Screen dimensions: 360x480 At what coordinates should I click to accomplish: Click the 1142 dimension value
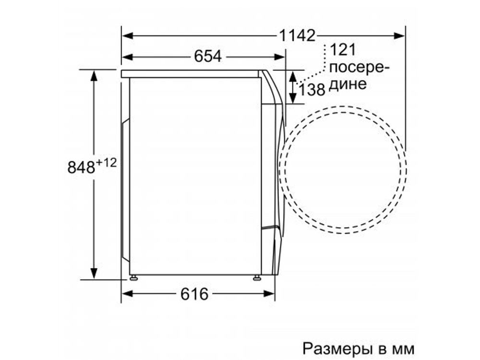pyautogui.click(x=297, y=35)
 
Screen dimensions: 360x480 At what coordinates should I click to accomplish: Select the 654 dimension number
pyautogui.click(x=208, y=57)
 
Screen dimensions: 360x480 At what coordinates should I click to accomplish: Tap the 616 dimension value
pyautogui.click(x=194, y=294)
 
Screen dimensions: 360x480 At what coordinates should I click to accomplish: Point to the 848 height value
pyautogui.click(x=81, y=168)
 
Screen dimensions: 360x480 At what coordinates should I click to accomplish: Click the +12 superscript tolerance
pyautogui.click(x=106, y=163)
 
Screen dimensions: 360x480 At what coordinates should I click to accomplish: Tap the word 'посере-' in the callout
pyautogui.click(x=360, y=67)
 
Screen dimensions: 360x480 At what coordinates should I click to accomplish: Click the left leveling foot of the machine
pyautogui.click(x=133, y=277)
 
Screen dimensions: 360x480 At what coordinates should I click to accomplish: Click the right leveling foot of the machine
pyautogui.click(x=257, y=277)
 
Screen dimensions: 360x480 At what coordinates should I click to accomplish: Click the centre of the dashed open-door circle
pyautogui.click(x=342, y=169)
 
